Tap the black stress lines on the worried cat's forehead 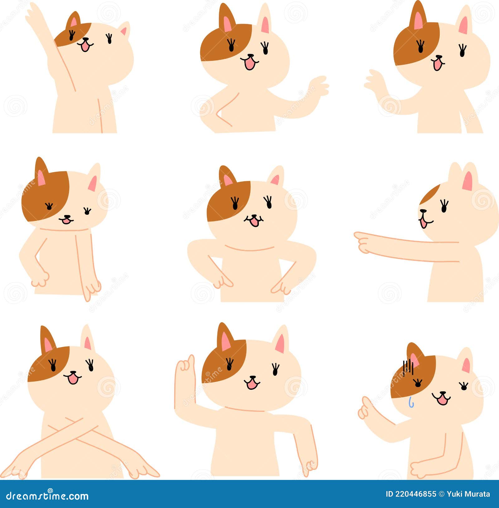tap(408, 367)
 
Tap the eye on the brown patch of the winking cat tap(49, 206)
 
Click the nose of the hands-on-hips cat tap(254, 216)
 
